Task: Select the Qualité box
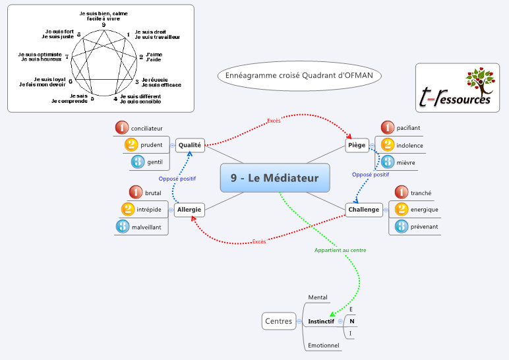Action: [x=190, y=144]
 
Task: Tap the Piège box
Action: [x=357, y=144]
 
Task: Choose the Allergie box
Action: [x=189, y=210]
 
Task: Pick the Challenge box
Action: [x=364, y=210]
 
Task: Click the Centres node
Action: [x=278, y=321]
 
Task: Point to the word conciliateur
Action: [x=146, y=128]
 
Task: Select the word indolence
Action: [x=410, y=145]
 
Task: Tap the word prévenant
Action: [x=424, y=227]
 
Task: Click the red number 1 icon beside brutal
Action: [x=136, y=193]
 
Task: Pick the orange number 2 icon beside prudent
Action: [x=131, y=145]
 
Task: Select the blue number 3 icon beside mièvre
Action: [x=387, y=162]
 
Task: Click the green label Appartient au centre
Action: [x=340, y=251]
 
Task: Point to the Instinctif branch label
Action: [x=321, y=321]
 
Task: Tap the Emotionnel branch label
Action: [x=323, y=345]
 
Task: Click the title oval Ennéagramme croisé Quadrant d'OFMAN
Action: [x=299, y=76]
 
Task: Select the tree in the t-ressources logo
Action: [x=479, y=81]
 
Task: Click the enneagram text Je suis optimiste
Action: [x=40, y=55]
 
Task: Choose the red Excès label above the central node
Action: [x=274, y=121]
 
